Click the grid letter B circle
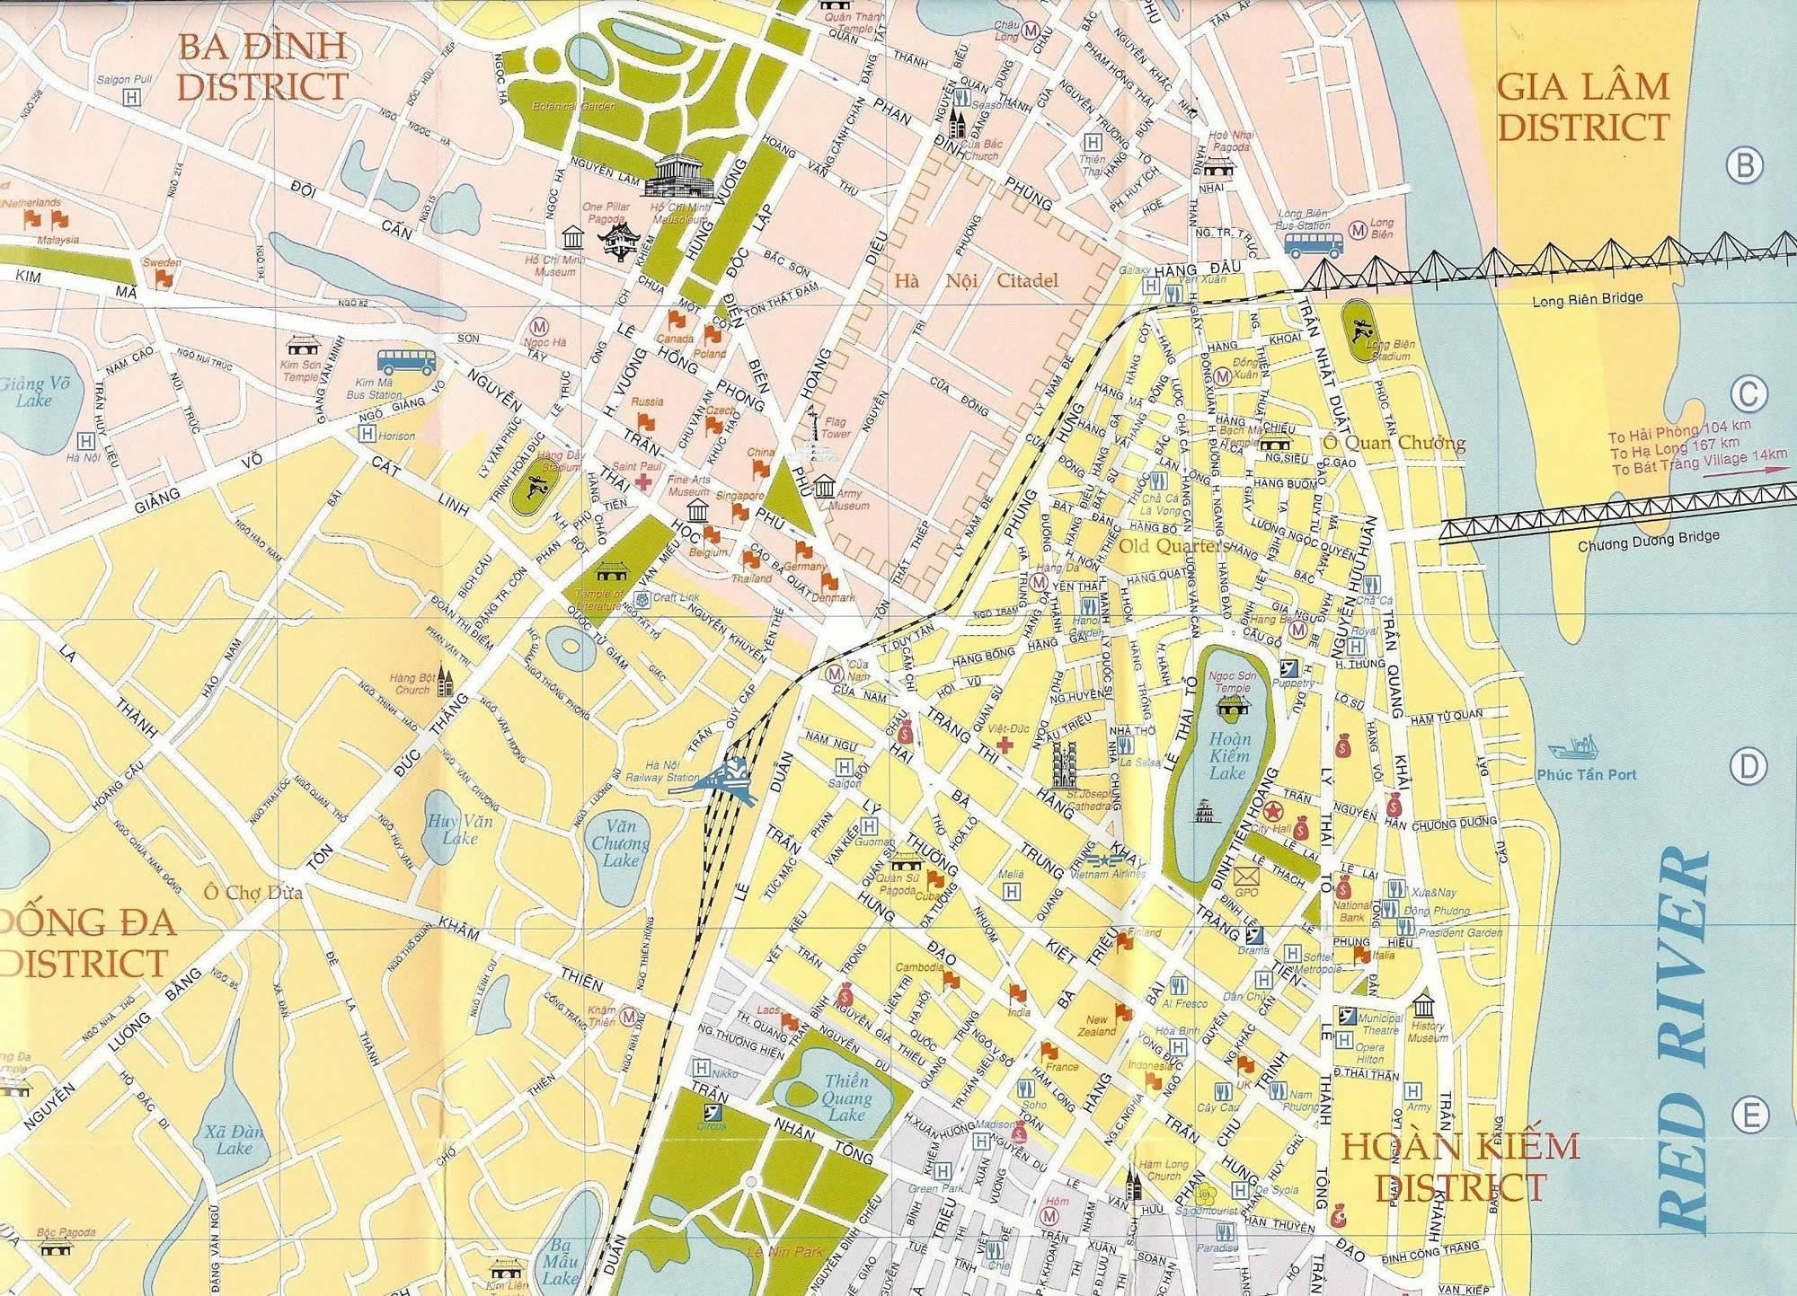1745,165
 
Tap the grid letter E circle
1750,1116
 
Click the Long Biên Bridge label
1586,299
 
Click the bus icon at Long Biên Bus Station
1314,245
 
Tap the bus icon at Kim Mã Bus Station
406,362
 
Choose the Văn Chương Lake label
620,843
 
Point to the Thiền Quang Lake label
845,1098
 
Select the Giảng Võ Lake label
33,392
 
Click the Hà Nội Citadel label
976,281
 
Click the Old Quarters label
1173,546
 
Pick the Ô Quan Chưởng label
1394,443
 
